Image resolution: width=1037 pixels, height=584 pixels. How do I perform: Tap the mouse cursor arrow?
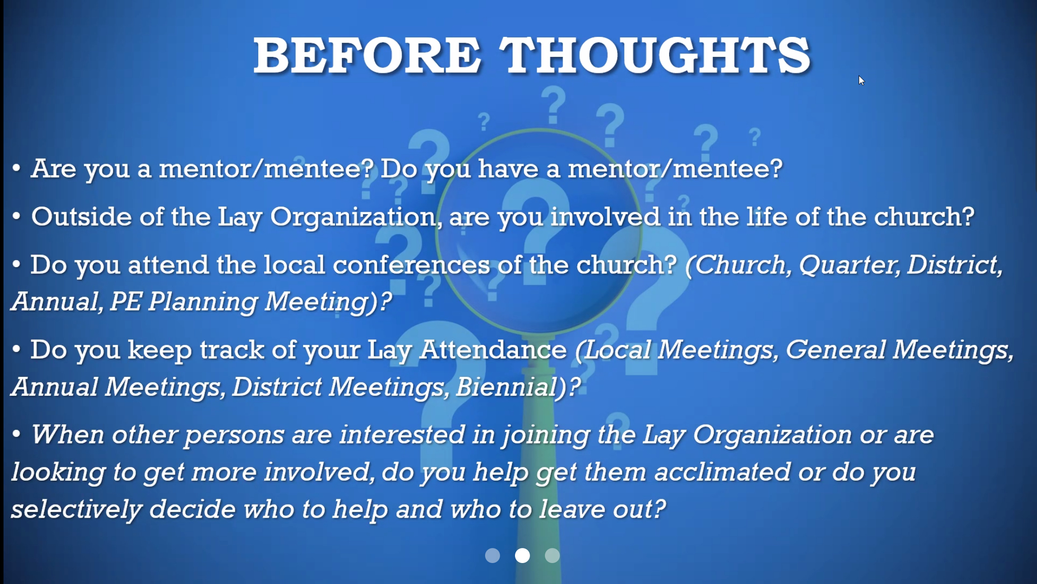(x=862, y=80)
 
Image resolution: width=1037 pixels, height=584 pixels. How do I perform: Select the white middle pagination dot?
(x=522, y=556)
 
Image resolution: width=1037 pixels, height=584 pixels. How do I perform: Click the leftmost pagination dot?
(x=493, y=556)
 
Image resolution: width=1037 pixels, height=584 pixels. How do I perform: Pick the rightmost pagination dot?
(x=552, y=556)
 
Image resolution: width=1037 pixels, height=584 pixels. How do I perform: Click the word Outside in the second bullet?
(x=81, y=217)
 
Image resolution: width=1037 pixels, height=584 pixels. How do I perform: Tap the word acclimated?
(x=722, y=472)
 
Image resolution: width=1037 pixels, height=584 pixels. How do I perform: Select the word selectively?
(x=76, y=510)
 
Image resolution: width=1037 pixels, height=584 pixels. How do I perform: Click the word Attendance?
(x=493, y=349)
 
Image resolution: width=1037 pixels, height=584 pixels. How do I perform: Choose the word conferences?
(x=411, y=265)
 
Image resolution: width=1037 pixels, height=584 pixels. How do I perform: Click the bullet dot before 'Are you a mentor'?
(x=16, y=168)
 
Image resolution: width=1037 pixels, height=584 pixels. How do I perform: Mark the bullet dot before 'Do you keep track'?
(x=16, y=349)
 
